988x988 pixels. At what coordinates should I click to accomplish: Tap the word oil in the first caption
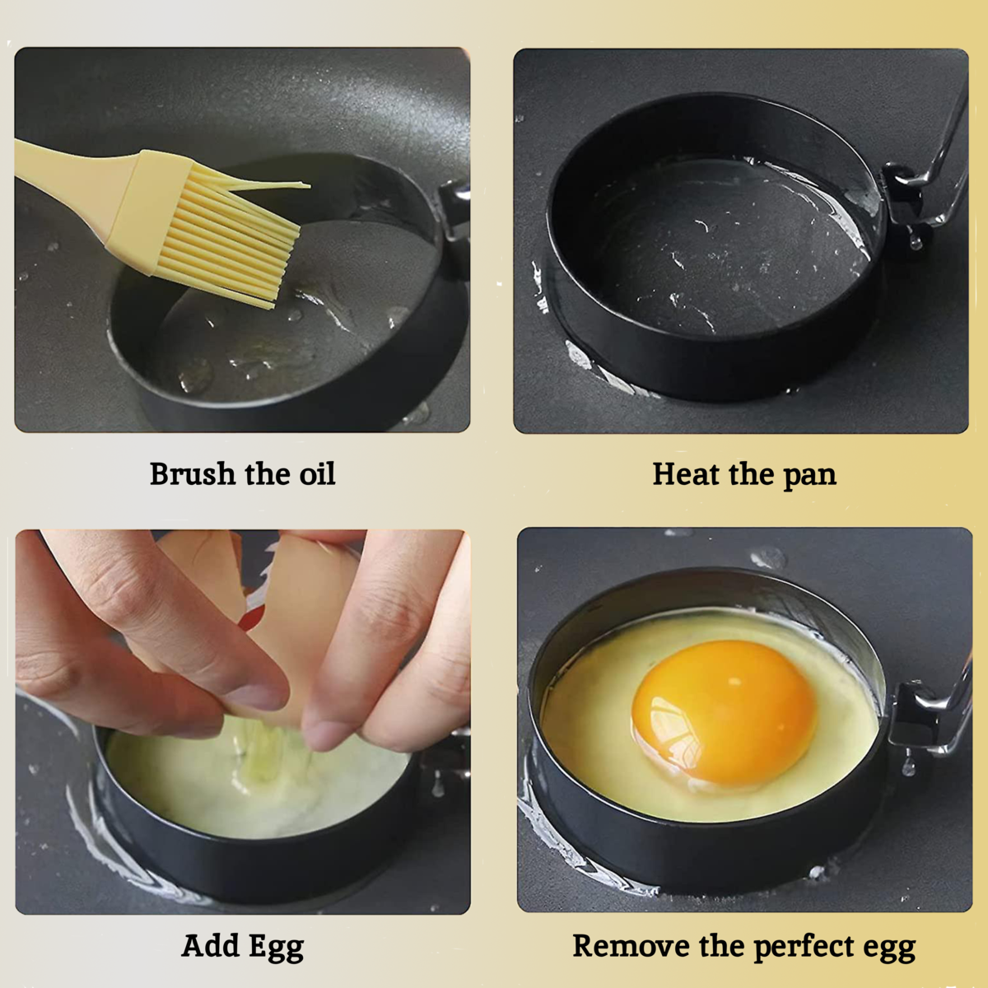[x=315, y=474]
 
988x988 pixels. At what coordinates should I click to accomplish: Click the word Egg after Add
[x=277, y=947]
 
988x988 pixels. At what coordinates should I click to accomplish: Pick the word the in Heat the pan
[x=750, y=474]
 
